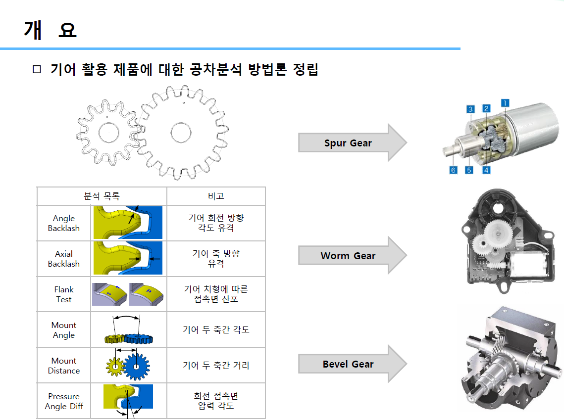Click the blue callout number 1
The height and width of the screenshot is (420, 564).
click(505, 103)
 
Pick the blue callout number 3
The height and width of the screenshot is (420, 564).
click(470, 109)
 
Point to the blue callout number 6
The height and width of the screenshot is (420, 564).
click(453, 170)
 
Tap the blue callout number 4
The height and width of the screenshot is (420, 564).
click(487, 170)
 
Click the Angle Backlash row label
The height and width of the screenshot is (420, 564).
click(64, 223)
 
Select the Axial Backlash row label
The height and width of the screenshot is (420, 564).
click(64, 259)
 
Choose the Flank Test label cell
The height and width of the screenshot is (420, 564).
click(64, 294)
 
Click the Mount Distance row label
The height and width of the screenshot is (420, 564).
click(64, 366)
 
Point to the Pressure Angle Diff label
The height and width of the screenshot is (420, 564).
click(64, 401)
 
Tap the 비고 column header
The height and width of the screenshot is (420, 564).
click(216, 196)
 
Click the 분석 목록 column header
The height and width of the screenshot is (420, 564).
click(102, 196)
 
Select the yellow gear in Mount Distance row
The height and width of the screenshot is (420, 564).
click(114, 367)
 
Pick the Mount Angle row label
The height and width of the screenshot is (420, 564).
click(64, 330)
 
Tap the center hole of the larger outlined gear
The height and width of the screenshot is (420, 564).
click(181, 132)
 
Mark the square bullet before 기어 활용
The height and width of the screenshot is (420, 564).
click(36, 70)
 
